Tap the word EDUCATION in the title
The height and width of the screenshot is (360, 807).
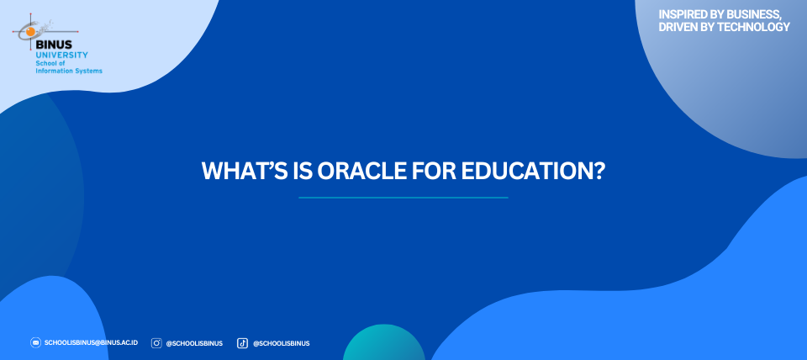(x=533, y=171)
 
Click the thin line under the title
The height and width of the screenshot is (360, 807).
(x=403, y=198)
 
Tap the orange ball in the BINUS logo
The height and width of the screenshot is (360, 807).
(x=31, y=32)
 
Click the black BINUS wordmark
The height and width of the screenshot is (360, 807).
(x=54, y=45)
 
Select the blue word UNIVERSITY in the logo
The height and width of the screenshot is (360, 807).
(x=61, y=55)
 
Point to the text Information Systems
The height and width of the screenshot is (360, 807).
(x=69, y=71)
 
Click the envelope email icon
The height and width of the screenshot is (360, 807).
(x=35, y=342)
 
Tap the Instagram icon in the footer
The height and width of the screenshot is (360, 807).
(x=156, y=343)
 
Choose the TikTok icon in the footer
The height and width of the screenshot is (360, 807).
(x=242, y=343)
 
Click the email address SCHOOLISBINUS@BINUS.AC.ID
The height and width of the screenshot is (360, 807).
(x=91, y=342)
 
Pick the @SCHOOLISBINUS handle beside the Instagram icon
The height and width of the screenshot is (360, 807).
(x=194, y=343)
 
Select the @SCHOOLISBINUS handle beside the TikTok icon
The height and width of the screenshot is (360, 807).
(x=281, y=343)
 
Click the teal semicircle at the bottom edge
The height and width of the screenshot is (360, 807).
(x=384, y=344)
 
